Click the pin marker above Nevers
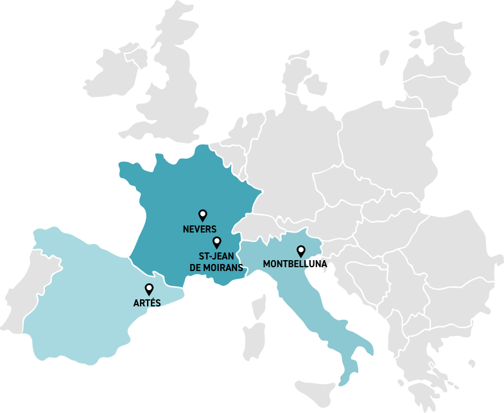pyautogui.click(x=203, y=215)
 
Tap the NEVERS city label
pyautogui.click(x=200, y=229)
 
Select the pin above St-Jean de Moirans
pyautogui.click(x=217, y=242)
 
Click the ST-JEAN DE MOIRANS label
pyautogui.click(x=216, y=261)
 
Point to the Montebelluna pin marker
pyautogui.click(x=300, y=251)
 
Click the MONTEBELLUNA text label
pyautogui.click(x=295, y=264)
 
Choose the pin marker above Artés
pyautogui.click(x=150, y=289)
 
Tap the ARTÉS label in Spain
pyautogui.click(x=147, y=303)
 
